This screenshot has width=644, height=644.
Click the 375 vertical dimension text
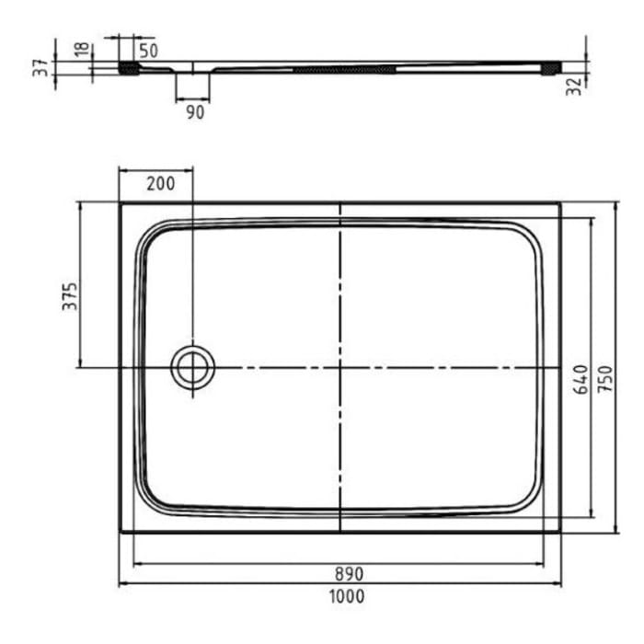coord(70,295)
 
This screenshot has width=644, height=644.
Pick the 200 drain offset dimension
coord(160,182)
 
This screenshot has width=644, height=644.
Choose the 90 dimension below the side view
coord(194,112)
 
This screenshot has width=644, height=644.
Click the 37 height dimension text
coord(40,69)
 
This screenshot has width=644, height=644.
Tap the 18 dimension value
coord(83,50)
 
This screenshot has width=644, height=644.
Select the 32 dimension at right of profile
coord(575,87)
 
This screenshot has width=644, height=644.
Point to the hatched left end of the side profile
coord(129,67)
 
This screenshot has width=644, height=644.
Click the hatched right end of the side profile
coord(552,67)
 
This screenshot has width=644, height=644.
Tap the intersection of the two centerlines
coord(340,368)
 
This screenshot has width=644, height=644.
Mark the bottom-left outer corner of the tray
coord(121,532)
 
